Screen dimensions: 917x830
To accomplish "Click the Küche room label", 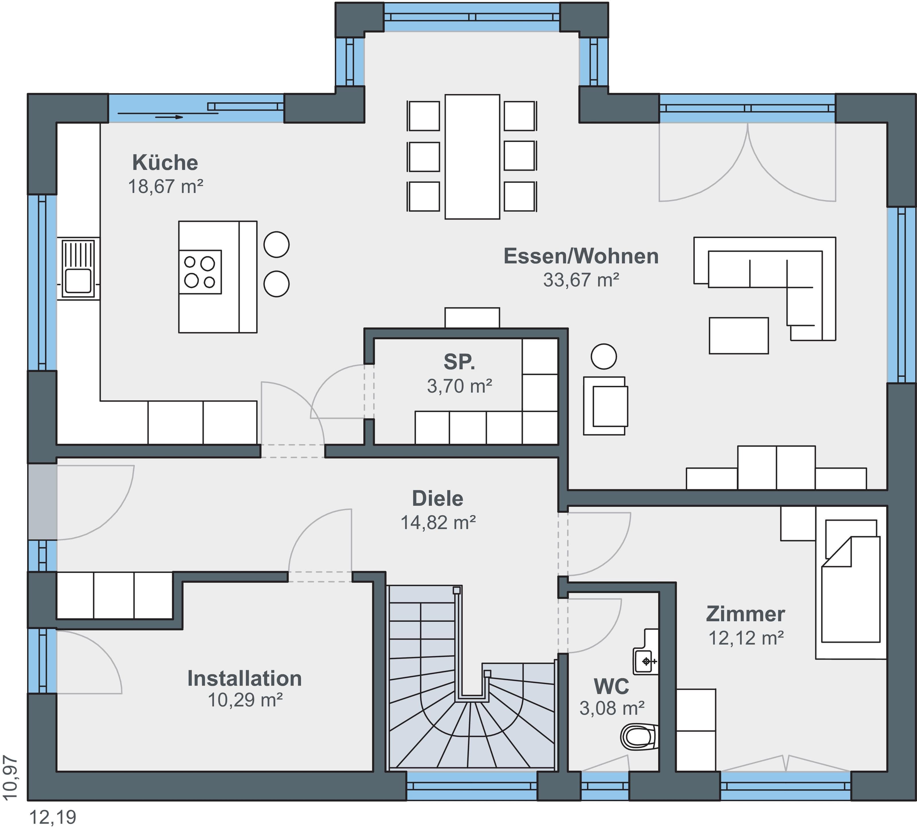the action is point(165,163).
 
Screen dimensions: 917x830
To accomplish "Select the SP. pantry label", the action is point(459,362).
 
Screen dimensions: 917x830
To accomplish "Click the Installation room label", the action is point(245,678).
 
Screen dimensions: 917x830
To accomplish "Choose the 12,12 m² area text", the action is point(746,638).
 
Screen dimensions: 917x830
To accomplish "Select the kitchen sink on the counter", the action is point(78,268).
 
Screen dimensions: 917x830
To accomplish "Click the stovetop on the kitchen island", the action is point(200,272).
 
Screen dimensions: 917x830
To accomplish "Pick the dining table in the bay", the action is point(472,157).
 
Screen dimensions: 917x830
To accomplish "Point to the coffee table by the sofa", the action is point(739,335).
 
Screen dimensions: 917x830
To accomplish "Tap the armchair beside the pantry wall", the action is point(606,405).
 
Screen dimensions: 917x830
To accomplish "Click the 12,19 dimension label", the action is point(53,817).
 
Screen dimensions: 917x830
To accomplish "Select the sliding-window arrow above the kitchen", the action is point(169,117).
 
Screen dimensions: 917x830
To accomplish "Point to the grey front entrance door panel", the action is point(42,502).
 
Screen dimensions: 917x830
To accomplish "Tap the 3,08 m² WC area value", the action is point(612,708).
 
